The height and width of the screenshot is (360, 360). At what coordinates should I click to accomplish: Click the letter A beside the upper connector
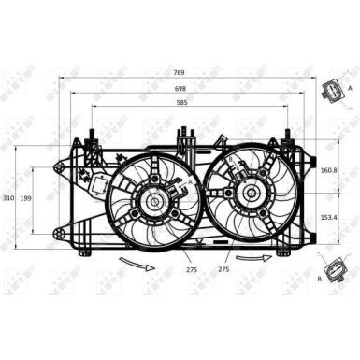click(x=350, y=87)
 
